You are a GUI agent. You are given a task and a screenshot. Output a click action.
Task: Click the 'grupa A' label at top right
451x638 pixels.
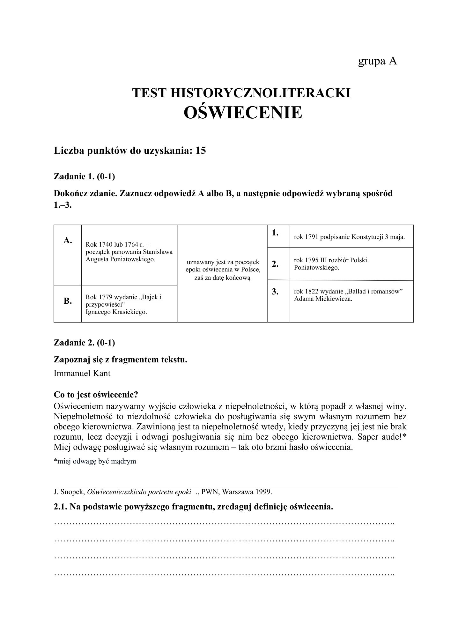[377, 61]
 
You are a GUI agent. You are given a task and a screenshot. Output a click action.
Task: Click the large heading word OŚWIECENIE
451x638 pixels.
[243, 112]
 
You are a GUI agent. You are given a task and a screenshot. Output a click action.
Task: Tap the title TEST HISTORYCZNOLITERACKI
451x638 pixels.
[241, 93]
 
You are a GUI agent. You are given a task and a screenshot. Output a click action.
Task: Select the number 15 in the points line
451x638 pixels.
[201, 151]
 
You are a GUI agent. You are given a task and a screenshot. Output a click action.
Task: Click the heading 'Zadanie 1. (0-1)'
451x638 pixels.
[84, 176]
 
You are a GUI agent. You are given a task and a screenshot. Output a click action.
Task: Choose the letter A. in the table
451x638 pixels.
[67, 241]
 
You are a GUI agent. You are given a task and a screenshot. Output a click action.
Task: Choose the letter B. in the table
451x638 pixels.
[67, 301]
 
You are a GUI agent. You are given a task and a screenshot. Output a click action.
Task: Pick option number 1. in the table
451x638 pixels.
[275, 233]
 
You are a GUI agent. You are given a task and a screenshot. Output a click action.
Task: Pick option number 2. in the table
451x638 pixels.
[276, 264]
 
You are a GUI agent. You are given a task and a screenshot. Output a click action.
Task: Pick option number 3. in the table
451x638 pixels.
[276, 291]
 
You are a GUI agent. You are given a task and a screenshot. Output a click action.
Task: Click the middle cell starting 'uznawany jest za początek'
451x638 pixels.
[222, 270]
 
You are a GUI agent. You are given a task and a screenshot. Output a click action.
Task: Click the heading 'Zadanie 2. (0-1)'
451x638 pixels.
[84, 343]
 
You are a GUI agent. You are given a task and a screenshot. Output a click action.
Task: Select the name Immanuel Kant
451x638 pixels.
[82, 373]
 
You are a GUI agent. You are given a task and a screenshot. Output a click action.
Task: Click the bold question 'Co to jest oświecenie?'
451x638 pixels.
[96, 395]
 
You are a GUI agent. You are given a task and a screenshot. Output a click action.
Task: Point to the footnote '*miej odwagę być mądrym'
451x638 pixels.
[95, 461]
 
